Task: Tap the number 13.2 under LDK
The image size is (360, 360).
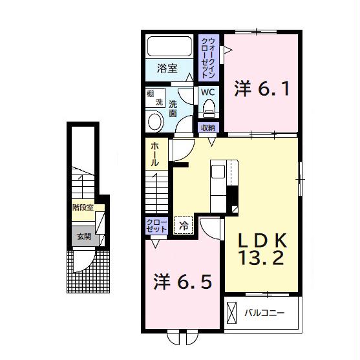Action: coord(261,260)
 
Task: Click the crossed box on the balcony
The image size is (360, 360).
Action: coord(231,315)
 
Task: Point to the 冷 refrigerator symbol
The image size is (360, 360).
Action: coord(184,226)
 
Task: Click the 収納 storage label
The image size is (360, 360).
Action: coord(207,127)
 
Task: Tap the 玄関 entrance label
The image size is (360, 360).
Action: coord(84,237)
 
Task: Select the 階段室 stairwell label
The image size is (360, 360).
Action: coord(83,208)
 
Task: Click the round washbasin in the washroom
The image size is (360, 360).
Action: coord(156,120)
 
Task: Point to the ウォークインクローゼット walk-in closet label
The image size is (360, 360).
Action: coord(209,56)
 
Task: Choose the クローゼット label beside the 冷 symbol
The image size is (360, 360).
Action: coord(156,226)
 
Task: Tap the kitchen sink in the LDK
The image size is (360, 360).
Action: coord(218,173)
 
